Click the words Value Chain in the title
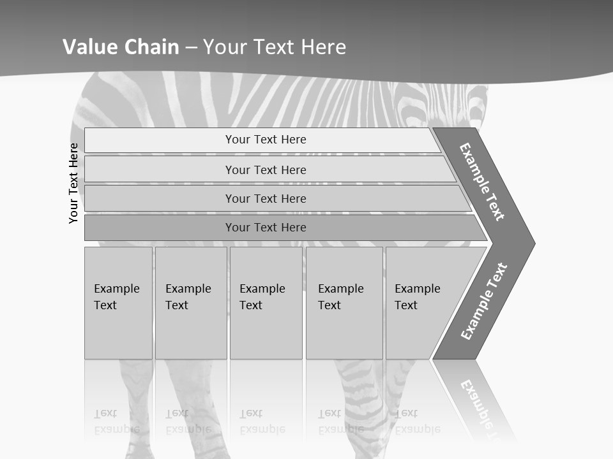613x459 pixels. pos(121,47)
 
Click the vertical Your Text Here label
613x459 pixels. pos(74,183)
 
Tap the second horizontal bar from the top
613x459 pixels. pos(265,170)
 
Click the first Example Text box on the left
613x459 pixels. pos(118,303)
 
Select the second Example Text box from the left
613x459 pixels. pos(191,303)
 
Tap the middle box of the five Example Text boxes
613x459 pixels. pos(266,303)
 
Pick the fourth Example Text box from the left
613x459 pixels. pos(344,303)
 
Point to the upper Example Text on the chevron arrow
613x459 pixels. pos(482,182)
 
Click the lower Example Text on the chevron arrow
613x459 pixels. pos(483,302)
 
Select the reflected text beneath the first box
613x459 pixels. pos(116,421)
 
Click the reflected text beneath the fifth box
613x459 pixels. pos(417,421)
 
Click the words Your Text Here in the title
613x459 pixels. pos(275,47)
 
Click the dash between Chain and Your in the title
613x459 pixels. pos(191,47)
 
